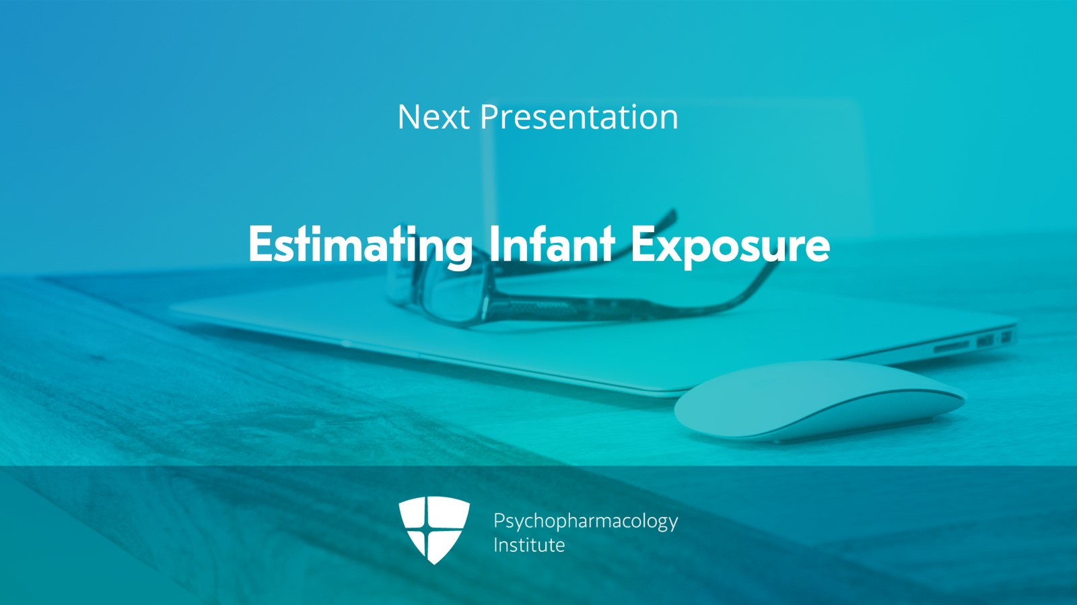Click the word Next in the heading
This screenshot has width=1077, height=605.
[x=433, y=117]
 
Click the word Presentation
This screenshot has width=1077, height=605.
[x=580, y=117]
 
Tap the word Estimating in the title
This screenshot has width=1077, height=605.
[x=361, y=245]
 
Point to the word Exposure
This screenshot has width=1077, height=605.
[x=730, y=245]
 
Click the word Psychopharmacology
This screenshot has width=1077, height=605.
[x=586, y=522]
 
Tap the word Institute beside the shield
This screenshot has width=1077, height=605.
[x=529, y=545]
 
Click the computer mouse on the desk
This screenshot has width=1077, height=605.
[x=820, y=401]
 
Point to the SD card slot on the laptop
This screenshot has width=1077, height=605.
[x=951, y=346]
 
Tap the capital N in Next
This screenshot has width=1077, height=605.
[x=409, y=117]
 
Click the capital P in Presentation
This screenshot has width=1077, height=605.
[x=489, y=117]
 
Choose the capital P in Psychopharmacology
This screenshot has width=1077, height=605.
[x=499, y=520]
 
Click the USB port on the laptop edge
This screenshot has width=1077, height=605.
[x=985, y=341]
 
